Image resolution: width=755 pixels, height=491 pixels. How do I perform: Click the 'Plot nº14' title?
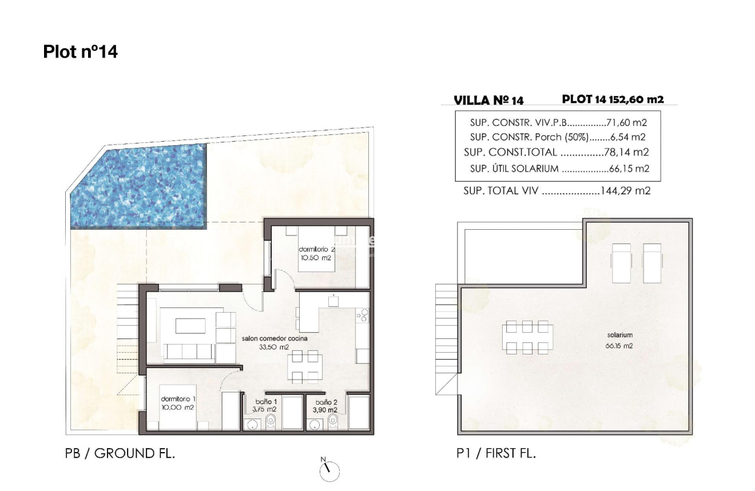pyautogui.click(x=80, y=52)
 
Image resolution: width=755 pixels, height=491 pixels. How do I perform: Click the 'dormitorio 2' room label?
pyautogui.click(x=315, y=250)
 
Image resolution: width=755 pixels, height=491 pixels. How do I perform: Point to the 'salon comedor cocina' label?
pyautogui.click(x=274, y=338)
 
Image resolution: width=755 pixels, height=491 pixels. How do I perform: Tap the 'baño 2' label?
pyautogui.click(x=325, y=402)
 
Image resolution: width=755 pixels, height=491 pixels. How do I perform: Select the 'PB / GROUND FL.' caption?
pyautogui.click(x=120, y=454)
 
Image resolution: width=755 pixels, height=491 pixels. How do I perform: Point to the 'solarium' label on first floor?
pyautogui.click(x=619, y=336)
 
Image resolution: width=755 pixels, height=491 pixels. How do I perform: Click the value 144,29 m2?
pyautogui.click(x=625, y=191)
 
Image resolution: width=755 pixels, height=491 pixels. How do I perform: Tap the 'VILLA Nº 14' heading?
pyautogui.click(x=488, y=101)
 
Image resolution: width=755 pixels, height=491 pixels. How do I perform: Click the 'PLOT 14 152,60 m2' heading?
pyautogui.click(x=613, y=99)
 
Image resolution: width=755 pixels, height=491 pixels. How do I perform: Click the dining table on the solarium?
pyautogui.click(x=527, y=337)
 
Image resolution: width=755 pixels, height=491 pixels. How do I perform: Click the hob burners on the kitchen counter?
pyautogui.click(x=363, y=315)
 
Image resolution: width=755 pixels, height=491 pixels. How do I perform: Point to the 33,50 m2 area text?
pyautogui.click(x=274, y=347)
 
